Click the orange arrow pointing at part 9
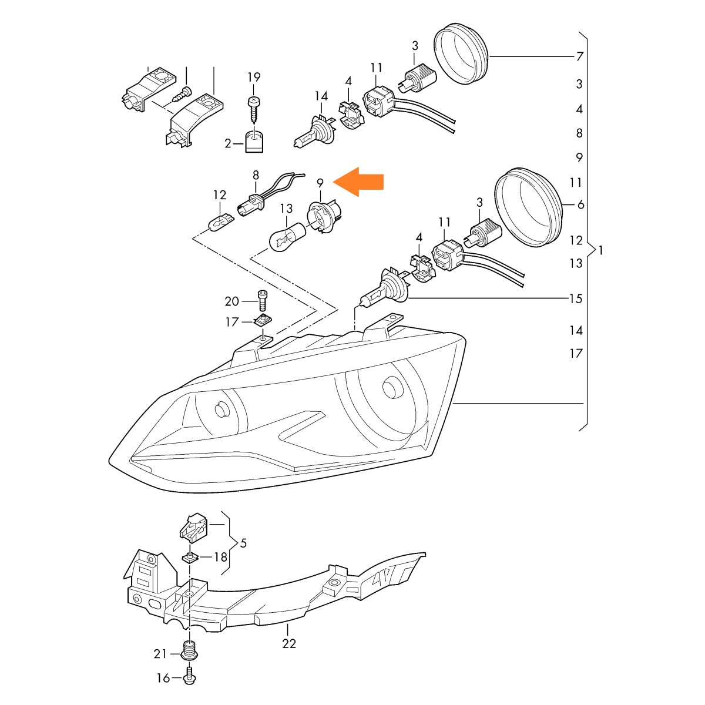tap(358, 182)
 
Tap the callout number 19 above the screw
tap(254, 77)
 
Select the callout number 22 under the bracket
tap(288, 653)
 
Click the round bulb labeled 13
tap(287, 238)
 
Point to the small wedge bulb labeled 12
tap(220, 222)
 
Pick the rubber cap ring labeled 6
tap(528, 207)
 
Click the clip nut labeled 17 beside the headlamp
tap(262, 321)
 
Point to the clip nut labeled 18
tap(190, 568)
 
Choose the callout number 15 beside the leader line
tap(576, 298)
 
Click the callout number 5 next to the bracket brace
tap(243, 543)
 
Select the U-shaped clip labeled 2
tap(254, 142)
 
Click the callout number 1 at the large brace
tap(600, 250)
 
